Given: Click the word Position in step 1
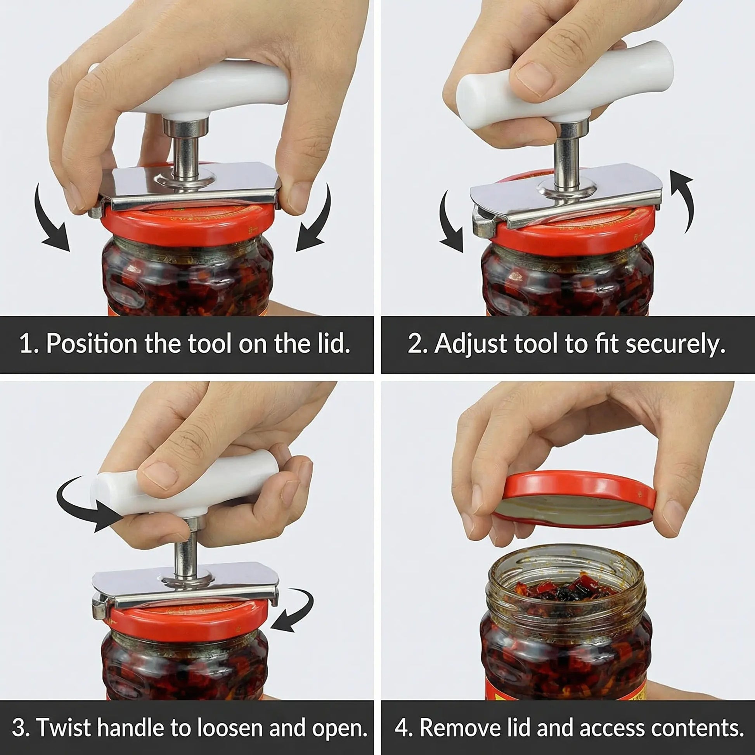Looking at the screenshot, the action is pos(92,344).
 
